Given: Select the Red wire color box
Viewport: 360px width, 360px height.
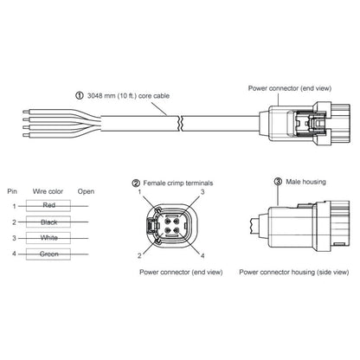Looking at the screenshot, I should click(48, 205).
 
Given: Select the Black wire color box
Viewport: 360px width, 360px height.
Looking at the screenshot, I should click(48, 222).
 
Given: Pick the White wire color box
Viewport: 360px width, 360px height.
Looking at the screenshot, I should click(48, 238).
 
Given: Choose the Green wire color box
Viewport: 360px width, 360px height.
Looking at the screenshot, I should click(48, 254).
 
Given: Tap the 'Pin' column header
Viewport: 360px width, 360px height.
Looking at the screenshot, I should click(12, 190).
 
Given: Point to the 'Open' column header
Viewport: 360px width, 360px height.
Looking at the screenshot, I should click(87, 190).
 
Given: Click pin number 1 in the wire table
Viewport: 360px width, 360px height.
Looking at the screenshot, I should click(14, 205).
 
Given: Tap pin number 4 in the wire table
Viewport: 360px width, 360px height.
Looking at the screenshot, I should click(14, 254).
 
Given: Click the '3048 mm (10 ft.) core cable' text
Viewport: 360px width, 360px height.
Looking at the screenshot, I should click(129, 96).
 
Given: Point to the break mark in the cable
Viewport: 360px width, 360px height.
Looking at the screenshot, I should click(179, 123).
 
